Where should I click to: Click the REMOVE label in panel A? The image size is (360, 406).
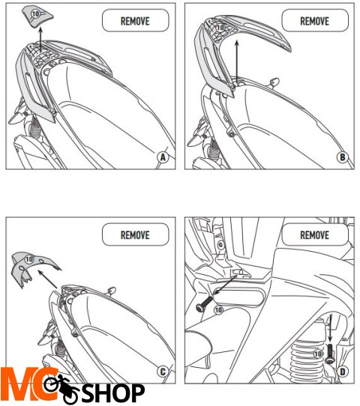tap(135, 21)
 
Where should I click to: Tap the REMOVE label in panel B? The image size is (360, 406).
tap(314, 21)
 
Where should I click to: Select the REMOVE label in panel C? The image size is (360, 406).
tap(135, 235)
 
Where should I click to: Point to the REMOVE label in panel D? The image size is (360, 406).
tap(314, 235)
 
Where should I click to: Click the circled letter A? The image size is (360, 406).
tap(163, 157)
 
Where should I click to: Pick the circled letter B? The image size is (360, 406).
tap(343, 157)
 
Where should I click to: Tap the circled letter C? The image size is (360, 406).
tap(163, 372)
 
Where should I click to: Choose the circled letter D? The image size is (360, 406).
tap(343, 372)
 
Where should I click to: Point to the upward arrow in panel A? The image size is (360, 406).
tap(40, 40)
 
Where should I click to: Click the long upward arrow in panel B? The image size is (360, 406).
tap(237, 61)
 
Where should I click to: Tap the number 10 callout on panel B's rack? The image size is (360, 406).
tap(220, 28)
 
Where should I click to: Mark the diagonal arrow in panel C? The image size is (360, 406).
tap(48, 279)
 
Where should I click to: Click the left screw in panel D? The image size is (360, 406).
tap(204, 303)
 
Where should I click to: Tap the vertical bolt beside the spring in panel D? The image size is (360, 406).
tap(330, 354)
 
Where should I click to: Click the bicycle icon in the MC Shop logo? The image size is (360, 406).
tap(61, 387)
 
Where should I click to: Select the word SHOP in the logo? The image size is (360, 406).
tap(113, 393)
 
